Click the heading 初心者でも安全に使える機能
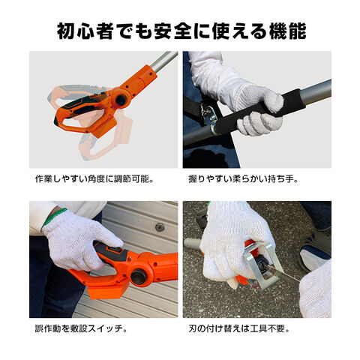point(181,31)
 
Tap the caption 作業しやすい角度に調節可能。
point(94,179)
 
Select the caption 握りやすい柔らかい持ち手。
point(244,179)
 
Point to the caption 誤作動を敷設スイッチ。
point(81,328)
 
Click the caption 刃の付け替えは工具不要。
point(239,328)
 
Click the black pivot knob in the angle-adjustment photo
point(121,100)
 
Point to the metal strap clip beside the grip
point(209,114)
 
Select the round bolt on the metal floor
point(160,227)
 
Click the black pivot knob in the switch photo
point(139,277)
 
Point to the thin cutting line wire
point(283,273)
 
